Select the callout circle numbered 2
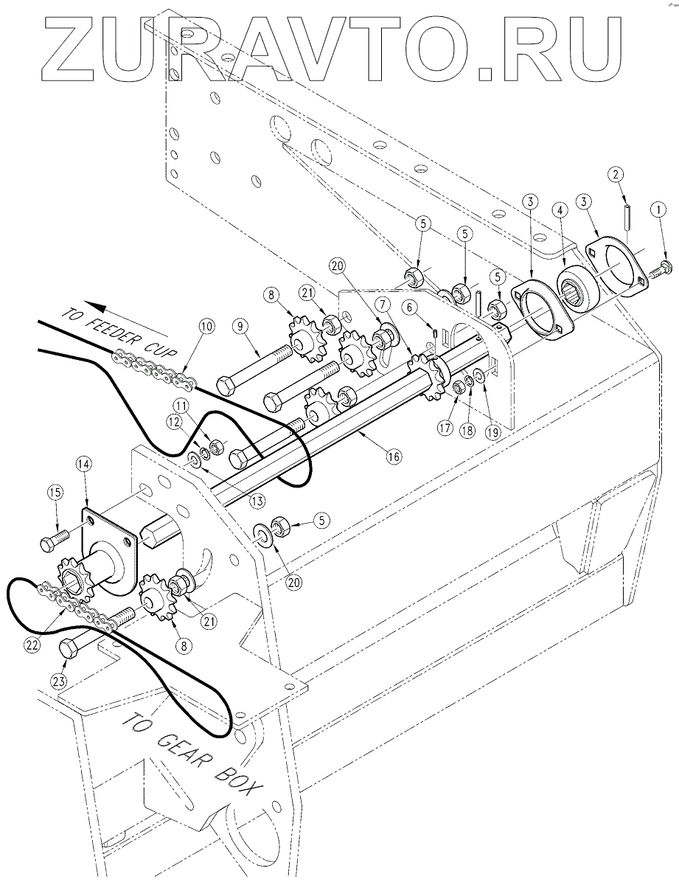point(616,175)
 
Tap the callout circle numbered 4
point(560,210)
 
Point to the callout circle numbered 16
point(393,457)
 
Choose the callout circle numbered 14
point(85,464)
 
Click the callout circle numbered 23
point(59,680)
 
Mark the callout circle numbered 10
point(206,326)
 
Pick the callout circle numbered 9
point(240,326)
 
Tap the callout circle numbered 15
point(55,493)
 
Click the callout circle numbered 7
point(383,304)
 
